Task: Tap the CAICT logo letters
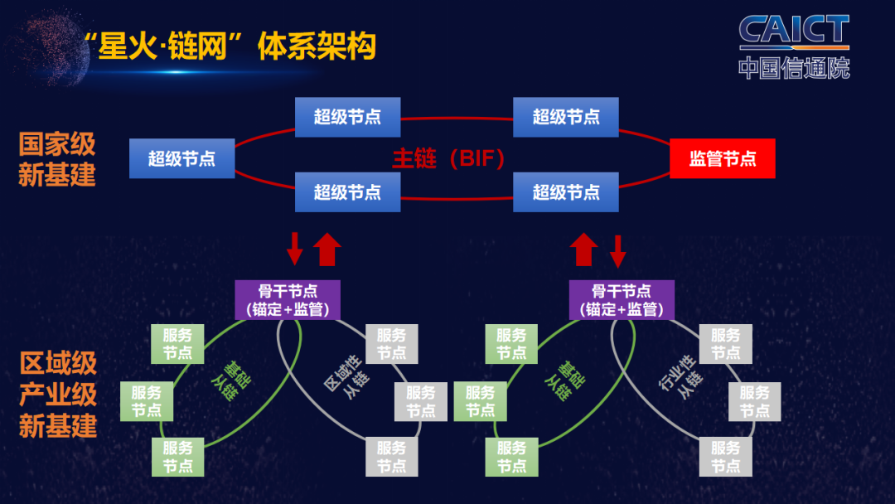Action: pyautogui.click(x=794, y=31)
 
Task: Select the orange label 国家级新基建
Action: pyautogui.click(x=57, y=159)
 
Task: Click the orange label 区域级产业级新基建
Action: pyautogui.click(x=57, y=395)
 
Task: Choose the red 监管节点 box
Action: pyautogui.click(x=722, y=158)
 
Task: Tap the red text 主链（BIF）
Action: pyautogui.click(x=448, y=158)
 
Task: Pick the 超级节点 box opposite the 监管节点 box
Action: pyautogui.click(x=181, y=158)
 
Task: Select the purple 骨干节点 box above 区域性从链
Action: pyautogui.click(x=287, y=300)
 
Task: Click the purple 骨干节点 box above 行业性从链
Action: pyautogui.click(x=622, y=300)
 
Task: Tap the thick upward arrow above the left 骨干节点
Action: pyautogui.click(x=328, y=249)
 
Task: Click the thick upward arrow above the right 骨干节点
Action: pyautogui.click(x=584, y=249)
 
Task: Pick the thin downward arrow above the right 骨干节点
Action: pyautogui.click(x=618, y=250)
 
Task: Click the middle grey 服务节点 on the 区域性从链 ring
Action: pyautogui.click(x=420, y=401)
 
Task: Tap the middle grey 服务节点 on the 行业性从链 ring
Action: pyautogui.click(x=754, y=401)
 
